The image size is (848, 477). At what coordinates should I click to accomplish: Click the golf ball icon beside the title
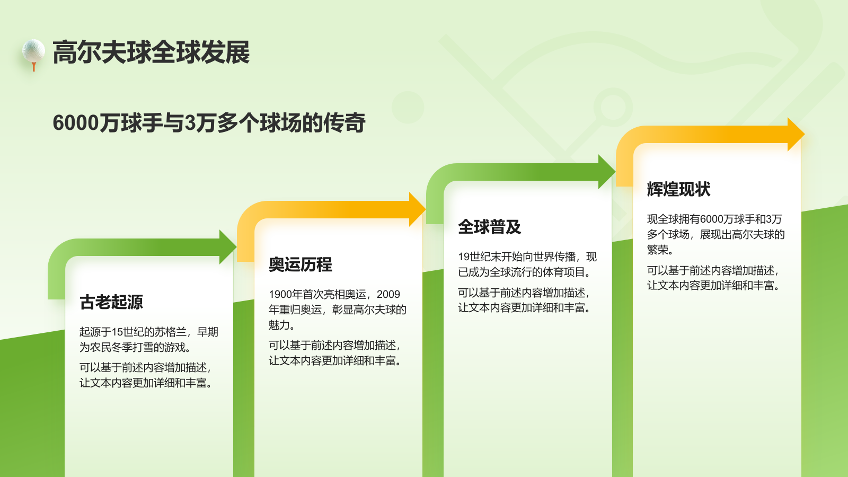pos(33,50)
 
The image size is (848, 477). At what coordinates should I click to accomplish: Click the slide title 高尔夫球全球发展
pos(151,52)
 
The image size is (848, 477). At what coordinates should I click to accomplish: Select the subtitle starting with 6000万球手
pos(209,123)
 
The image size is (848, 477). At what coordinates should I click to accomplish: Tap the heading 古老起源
pos(111,302)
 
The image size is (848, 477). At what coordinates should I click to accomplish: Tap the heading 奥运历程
pos(301,264)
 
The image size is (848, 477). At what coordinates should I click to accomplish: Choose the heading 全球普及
pos(490,227)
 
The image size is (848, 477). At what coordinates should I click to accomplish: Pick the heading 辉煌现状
pos(678,189)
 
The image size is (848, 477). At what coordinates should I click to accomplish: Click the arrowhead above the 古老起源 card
pos(227,247)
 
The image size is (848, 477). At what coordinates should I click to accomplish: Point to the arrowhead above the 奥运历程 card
pos(417,209)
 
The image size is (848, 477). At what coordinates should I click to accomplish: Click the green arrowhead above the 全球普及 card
pos(606,172)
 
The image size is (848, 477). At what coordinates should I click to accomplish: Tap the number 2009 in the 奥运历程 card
pos(388,295)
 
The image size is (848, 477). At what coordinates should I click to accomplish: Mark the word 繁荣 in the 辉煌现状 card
pos(658,250)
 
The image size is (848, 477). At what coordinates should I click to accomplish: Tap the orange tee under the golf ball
pos(34,67)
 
